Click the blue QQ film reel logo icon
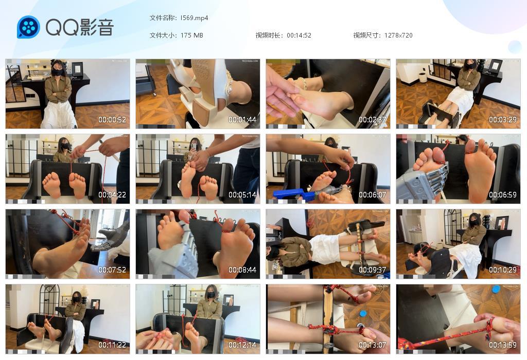[28, 27]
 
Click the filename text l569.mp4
[194, 18]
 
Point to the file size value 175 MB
[191, 35]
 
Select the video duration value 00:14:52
[298, 35]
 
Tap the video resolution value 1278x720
[398, 35]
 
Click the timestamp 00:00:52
[112, 120]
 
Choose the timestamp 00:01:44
[242, 120]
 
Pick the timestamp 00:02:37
[373, 120]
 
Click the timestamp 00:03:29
[503, 120]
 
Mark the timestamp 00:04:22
[112, 195]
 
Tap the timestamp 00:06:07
[373, 195]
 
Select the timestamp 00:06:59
[503, 195]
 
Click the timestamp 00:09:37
[373, 270]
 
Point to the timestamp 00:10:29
[503, 270]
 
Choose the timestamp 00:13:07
[373, 345]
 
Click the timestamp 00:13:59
[503, 345]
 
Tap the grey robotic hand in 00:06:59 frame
[425, 180]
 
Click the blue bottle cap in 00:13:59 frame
[496, 289]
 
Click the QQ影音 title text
[79, 27]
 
